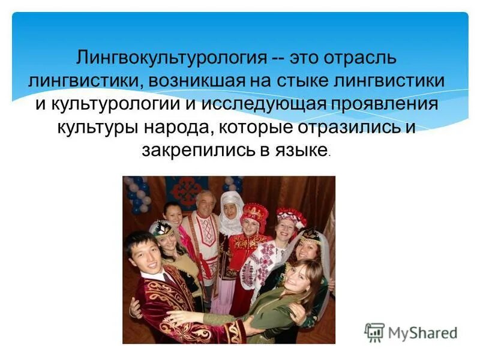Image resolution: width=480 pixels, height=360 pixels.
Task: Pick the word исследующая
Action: click(x=263, y=104)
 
